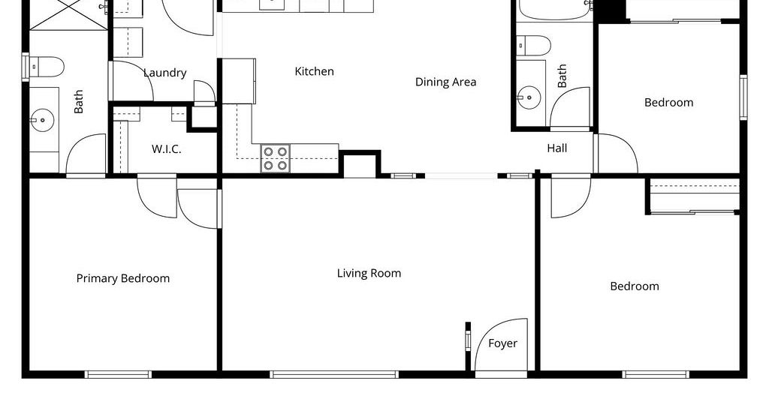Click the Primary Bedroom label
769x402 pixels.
[123, 278]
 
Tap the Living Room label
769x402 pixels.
[369, 273]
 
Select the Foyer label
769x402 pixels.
[502, 343]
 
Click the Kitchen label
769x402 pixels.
[315, 71]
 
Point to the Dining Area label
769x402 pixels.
[446, 82]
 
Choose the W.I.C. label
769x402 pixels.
[166, 148]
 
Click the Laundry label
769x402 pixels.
[164, 73]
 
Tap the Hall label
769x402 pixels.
[557, 148]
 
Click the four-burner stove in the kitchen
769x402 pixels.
[276, 159]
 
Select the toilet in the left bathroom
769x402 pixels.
[47, 67]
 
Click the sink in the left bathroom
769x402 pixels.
[43, 120]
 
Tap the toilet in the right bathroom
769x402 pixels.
[534, 45]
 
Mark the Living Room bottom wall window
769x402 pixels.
[334, 374]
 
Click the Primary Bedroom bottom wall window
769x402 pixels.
[118, 374]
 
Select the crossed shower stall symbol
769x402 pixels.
[68, 15]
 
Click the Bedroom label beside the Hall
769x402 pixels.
[669, 103]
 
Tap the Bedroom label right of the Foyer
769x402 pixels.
[635, 286]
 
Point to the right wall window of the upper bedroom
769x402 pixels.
[743, 97]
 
